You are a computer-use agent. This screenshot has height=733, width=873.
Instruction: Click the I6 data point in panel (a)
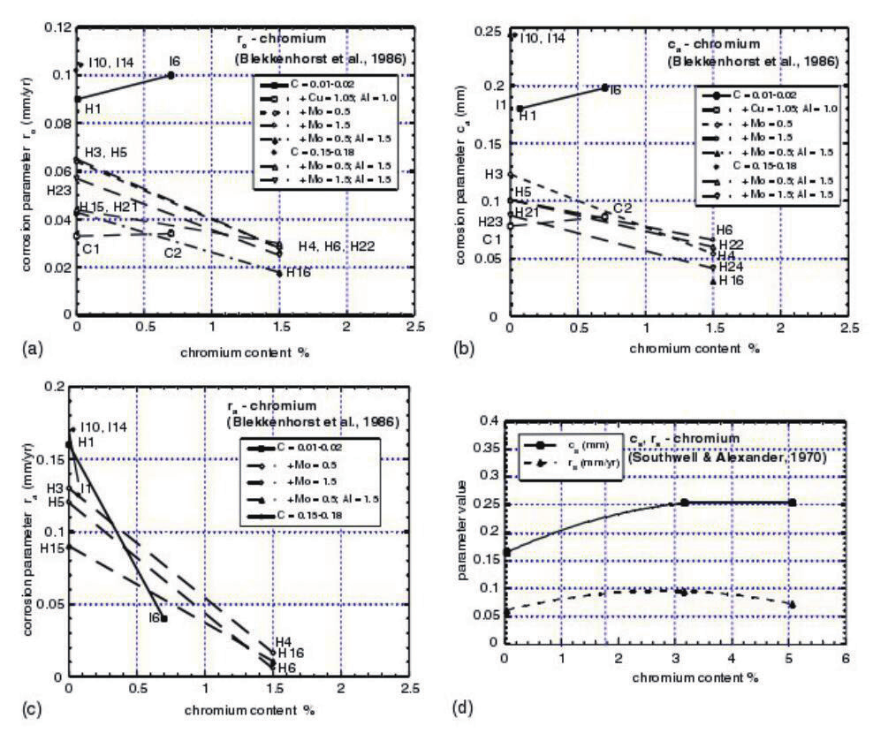point(171,75)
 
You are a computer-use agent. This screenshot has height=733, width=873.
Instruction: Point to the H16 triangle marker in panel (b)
point(713,280)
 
